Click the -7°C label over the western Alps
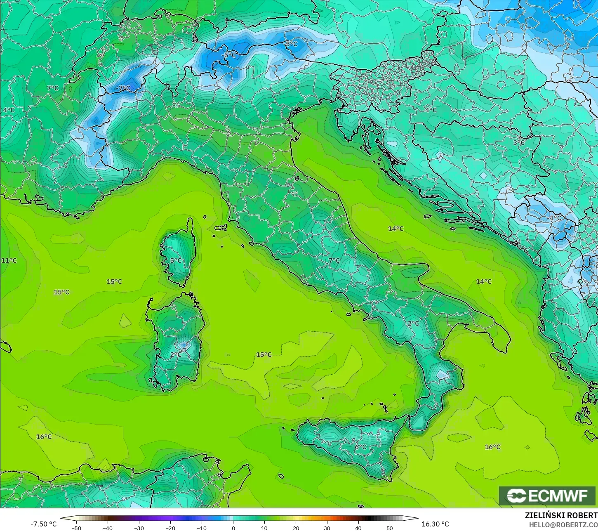[x=122, y=88]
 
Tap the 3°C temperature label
[x=518, y=143]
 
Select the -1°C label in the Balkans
[x=555, y=218]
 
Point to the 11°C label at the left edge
[x=9, y=260]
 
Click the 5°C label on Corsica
[x=176, y=260]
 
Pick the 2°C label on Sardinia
[x=176, y=354]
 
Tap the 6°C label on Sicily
[x=360, y=447]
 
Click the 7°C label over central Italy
[x=334, y=260]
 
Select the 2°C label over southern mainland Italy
[x=413, y=323]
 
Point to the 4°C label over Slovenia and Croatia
[x=431, y=110]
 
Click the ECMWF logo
[x=547, y=496]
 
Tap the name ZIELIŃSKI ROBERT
[x=561, y=515]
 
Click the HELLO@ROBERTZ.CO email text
[x=563, y=524]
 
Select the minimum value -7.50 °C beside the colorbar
[x=43, y=524]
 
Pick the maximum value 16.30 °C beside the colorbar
[x=435, y=524]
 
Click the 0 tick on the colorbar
[x=233, y=528]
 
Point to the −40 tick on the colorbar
[x=108, y=528]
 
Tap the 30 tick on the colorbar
[x=327, y=528]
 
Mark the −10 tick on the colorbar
[x=201, y=528]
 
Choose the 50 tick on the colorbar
[x=390, y=528]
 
